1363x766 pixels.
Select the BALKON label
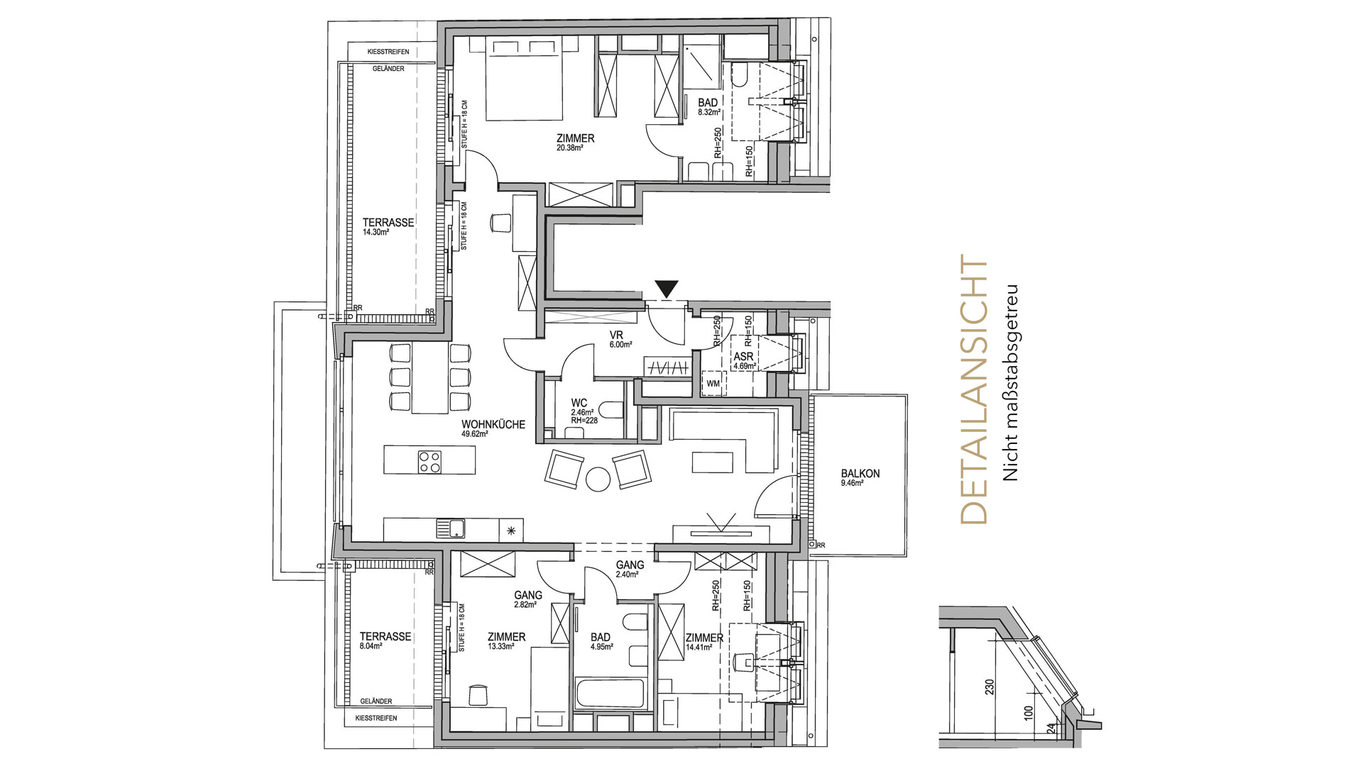pos(860,474)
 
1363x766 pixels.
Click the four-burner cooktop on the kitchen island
pos(428,462)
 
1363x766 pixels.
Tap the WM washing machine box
pos(713,384)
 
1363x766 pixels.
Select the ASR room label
pos(743,356)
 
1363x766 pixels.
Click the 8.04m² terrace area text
pos(371,646)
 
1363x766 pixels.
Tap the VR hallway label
pos(616,335)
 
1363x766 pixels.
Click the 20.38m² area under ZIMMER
pos(570,148)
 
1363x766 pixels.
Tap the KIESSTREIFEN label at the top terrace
pos(387,52)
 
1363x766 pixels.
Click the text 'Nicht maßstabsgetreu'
pos(1011,383)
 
